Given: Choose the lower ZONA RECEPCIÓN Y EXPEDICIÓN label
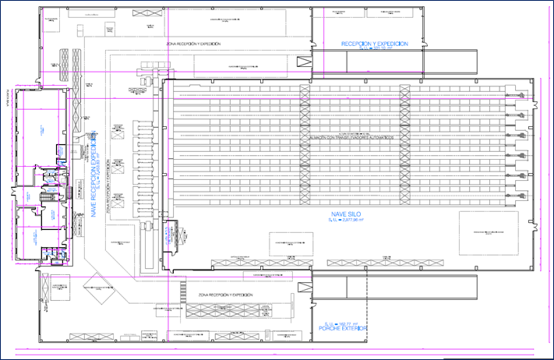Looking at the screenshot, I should (225, 297).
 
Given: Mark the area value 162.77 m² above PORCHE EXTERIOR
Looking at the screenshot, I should (344, 322).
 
